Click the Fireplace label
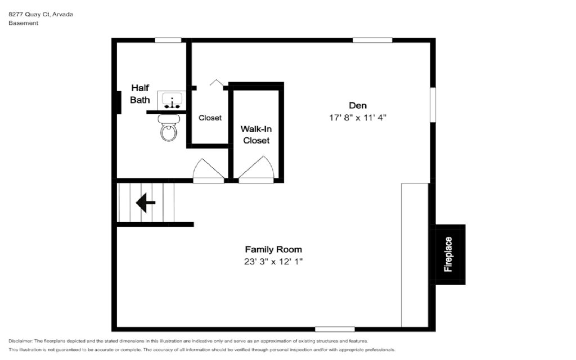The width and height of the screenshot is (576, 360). tap(448, 254)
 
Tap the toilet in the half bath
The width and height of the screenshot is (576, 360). tap(169, 128)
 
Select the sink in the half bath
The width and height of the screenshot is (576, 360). tap(172, 100)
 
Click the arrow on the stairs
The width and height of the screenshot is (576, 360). tap(146, 202)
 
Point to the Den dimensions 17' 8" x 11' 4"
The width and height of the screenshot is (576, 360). tap(357, 118)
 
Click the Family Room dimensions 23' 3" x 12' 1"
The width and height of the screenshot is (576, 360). tap(273, 262)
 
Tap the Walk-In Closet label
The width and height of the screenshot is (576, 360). tap(256, 135)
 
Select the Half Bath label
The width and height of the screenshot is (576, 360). tap(140, 94)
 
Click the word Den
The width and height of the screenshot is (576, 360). tap(358, 105)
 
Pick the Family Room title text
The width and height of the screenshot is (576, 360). tap(273, 249)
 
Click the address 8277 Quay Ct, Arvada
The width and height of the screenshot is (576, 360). tap(40, 14)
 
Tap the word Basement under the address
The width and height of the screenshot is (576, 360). tap(24, 22)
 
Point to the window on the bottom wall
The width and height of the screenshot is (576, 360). tap(335, 329)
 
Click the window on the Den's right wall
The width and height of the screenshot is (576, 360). tap(433, 105)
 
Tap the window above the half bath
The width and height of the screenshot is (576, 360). tap(168, 40)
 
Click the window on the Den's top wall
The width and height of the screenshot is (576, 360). tap(372, 40)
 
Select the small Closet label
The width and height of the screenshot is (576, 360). tap(210, 118)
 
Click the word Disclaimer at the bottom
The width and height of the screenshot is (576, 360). tap(21, 341)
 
